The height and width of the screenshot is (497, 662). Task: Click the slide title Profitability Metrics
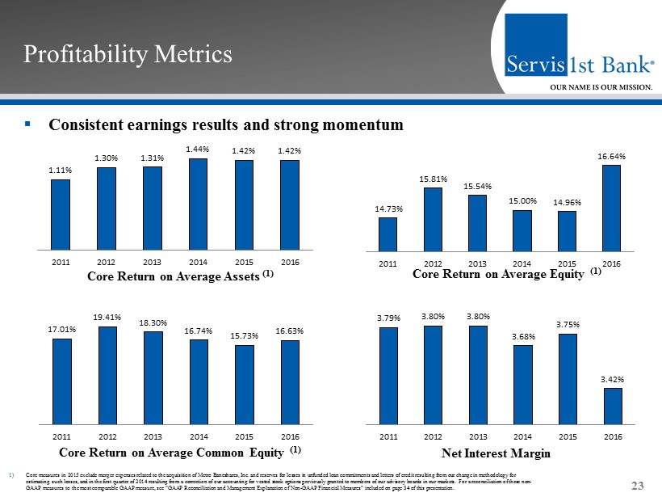(x=128, y=54)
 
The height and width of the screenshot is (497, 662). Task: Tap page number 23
(x=638, y=485)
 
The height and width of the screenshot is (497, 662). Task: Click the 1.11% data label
(x=61, y=171)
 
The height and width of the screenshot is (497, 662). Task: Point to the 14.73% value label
(x=388, y=209)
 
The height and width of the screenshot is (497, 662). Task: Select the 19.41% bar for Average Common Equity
(x=107, y=375)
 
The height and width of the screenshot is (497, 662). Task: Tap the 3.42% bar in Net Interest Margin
(x=613, y=406)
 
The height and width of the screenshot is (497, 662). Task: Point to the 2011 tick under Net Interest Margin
(x=388, y=436)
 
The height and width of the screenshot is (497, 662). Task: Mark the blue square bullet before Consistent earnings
(x=27, y=125)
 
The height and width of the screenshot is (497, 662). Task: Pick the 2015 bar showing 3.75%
(x=568, y=378)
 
